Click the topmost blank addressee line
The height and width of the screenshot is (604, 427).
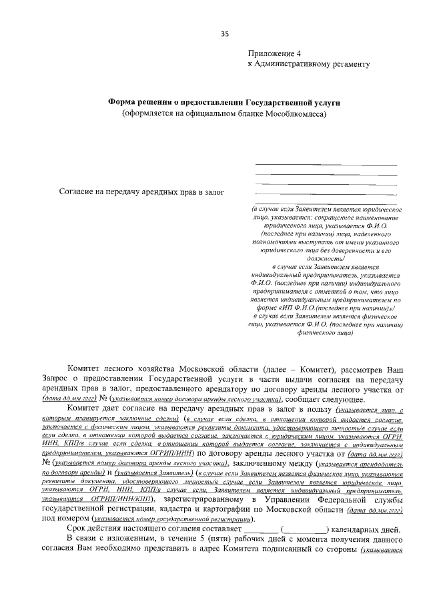(326, 164)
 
